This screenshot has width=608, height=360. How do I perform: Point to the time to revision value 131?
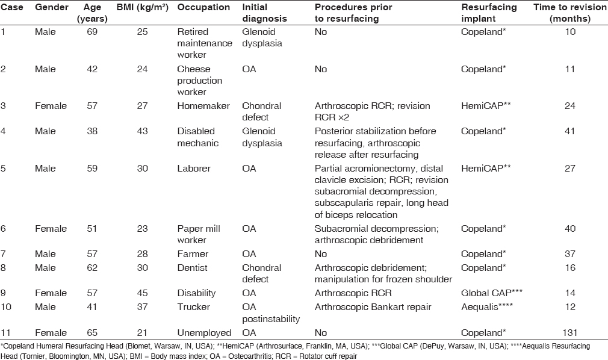click(569, 332)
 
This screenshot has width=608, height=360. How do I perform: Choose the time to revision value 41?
click(570, 131)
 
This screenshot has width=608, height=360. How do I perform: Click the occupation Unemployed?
click(203, 332)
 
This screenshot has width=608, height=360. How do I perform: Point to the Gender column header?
click(51, 8)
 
